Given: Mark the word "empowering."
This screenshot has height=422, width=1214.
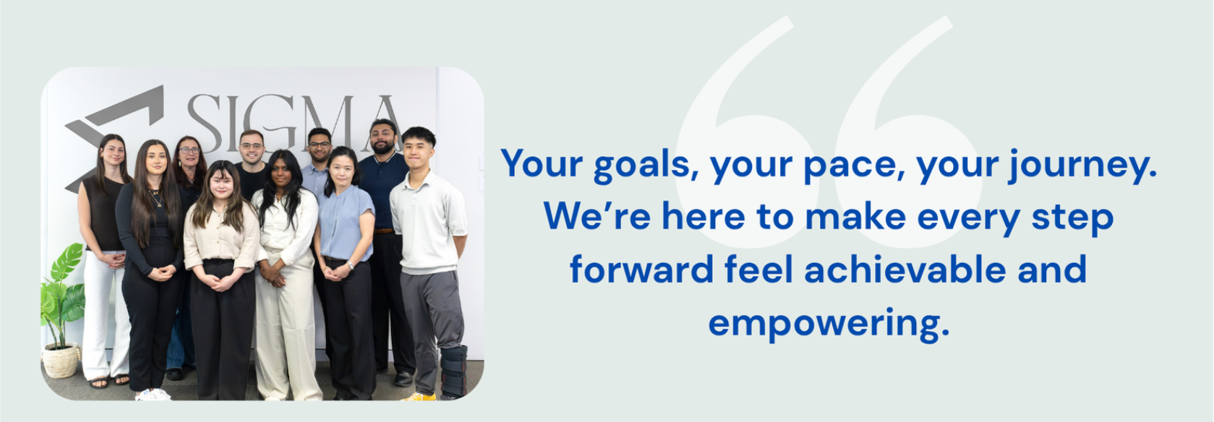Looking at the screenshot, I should [x=828, y=322].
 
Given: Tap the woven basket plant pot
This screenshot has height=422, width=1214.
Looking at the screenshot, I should [x=61, y=361].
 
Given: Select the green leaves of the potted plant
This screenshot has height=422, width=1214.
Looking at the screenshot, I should [x=61, y=289].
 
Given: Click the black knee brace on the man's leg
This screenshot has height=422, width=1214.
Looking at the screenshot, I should [x=454, y=371].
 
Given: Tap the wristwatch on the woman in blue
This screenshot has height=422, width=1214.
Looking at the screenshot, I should [x=350, y=265].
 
